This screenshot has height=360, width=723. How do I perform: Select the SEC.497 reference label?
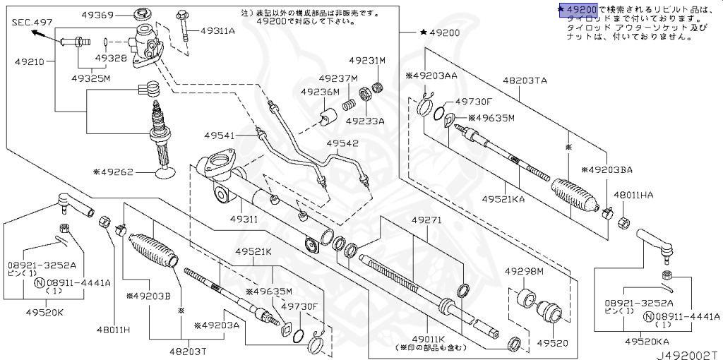point(32,23)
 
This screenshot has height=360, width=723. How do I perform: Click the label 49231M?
point(368,61)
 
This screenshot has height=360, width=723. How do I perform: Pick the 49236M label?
point(320,92)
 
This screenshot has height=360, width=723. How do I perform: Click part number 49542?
point(342,143)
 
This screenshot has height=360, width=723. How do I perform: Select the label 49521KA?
point(503,199)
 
